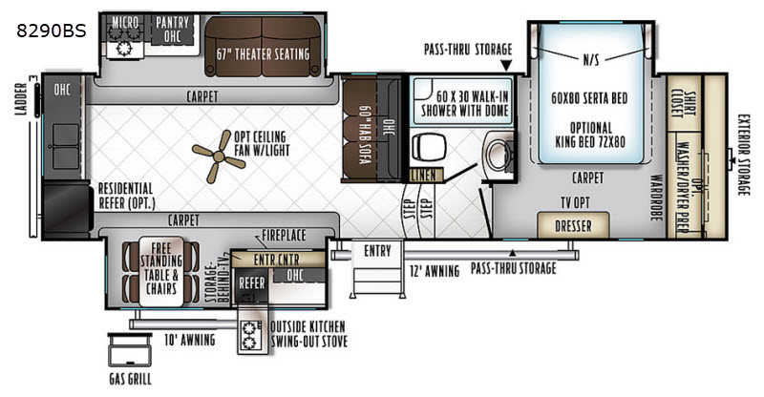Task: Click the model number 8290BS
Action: point(52,31)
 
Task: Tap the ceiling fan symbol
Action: point(219,157)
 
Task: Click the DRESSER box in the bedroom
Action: point(573,225)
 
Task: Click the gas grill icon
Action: point(130,349)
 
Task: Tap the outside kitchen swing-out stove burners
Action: point(249,336)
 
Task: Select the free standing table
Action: point(161,271)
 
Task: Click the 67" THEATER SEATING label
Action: point(264,54)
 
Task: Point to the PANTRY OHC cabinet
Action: point(173,30)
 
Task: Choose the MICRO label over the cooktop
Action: point(125,22)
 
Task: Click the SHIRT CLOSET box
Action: point(684,103)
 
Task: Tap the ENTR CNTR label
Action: point(276,260)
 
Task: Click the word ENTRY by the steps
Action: point(377,251)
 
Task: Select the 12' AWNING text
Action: point(435,271)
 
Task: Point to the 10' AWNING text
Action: point(189,340)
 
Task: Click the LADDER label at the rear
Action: point(21,99)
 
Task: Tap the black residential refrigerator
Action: point(67,209)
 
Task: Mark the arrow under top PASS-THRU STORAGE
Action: point(507,65)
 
